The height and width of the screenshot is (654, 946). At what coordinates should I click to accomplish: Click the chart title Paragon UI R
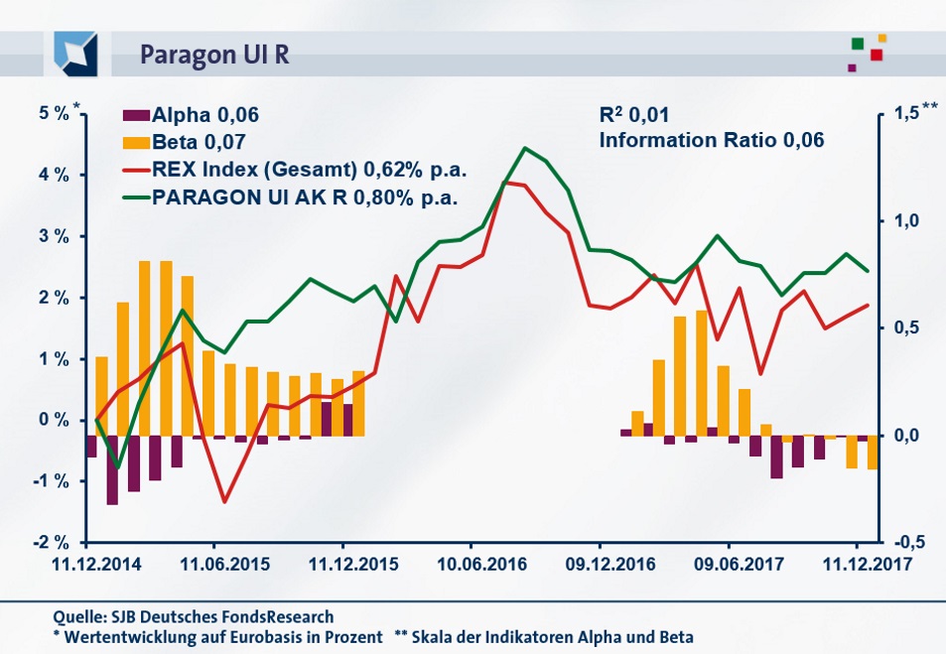coord(214,53)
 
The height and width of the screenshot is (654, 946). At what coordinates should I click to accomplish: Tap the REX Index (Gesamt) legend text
coord(310,169)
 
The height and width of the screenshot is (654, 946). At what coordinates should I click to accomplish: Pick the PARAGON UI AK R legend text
coord(305,196)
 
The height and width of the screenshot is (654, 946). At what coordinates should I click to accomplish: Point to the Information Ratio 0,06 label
coord(712,141)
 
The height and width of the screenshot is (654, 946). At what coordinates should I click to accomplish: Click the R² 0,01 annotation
coord(641,115)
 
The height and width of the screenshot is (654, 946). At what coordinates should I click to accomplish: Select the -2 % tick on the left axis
coord(51,543)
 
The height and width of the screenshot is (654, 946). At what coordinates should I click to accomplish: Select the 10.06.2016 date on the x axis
coord(471,564)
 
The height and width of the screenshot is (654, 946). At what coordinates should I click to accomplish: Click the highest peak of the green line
coord(525,148)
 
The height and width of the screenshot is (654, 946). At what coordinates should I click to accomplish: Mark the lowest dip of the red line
coord(224,501)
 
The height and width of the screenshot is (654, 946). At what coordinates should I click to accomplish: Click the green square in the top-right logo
coord(858,43)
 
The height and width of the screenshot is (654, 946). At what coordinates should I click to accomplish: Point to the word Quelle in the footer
coord(79,616)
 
